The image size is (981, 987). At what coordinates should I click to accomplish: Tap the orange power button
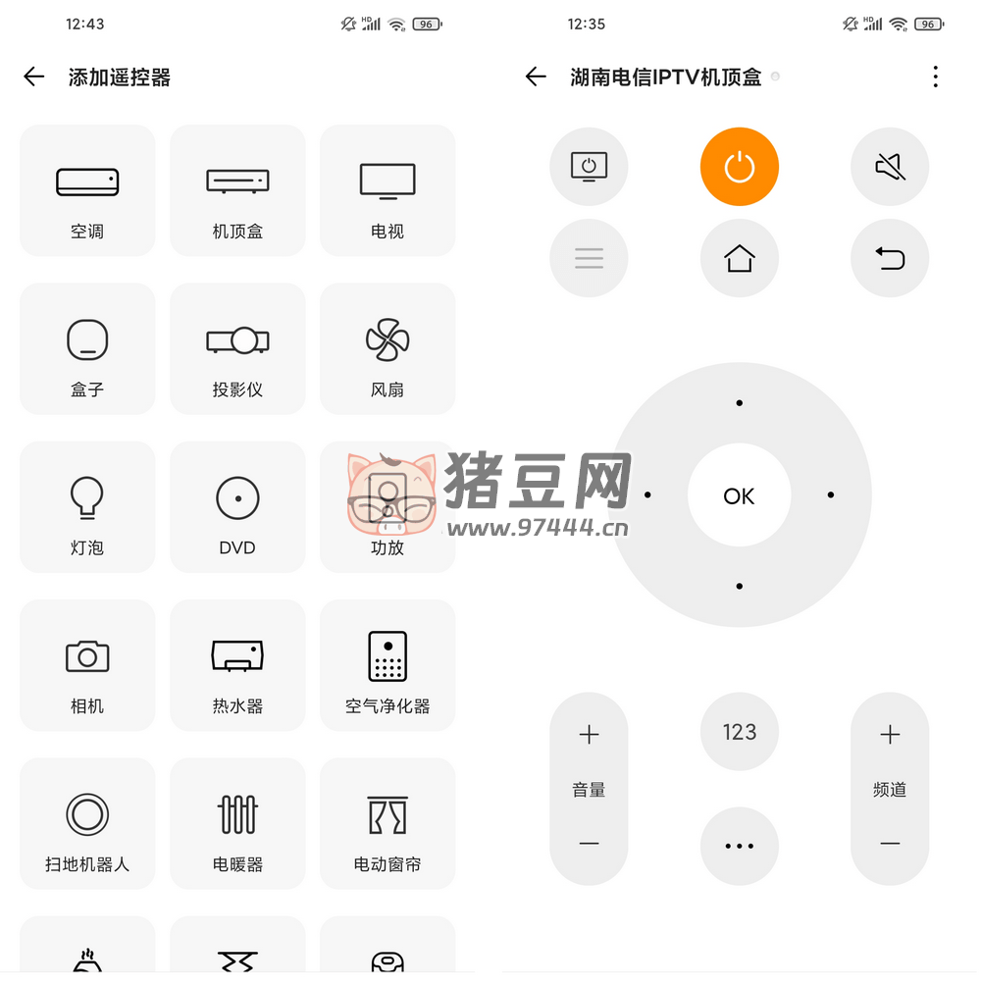click(x=740, y=167)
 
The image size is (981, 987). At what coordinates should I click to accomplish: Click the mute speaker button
click(x=890, y=167)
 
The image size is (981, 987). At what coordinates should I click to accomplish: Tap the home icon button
click(x=740, y=258)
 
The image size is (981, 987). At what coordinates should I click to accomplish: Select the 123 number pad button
click(x=740, y=732)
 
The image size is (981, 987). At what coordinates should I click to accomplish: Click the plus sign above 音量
click(x=589, y=735)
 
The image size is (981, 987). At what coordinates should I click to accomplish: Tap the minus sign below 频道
click(x=890, y=844)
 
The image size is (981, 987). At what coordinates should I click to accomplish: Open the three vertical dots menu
click(x=936, y=77)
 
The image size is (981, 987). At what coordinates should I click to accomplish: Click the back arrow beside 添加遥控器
click(x=34, y=77)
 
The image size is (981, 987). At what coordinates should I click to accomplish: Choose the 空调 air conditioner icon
click(x=87, y=182)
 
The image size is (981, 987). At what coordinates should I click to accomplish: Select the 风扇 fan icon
click(x=387, y=339)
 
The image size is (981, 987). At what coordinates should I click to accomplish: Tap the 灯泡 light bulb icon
click(x=87, y=497)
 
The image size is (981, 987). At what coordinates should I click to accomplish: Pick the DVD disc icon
click(x=237, y=497)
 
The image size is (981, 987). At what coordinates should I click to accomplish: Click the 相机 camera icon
click(x=87, y=656)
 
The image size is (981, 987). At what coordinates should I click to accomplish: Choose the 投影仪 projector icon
click(x=237, y=340)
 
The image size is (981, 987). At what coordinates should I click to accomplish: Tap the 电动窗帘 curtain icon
click(x=387, y=815)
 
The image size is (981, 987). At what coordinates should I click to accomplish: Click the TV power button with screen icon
click(x=589, y=167)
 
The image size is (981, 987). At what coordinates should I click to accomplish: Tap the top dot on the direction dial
click(x=740, y=403)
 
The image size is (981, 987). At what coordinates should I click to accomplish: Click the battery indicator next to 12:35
click(x=929, y=24)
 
